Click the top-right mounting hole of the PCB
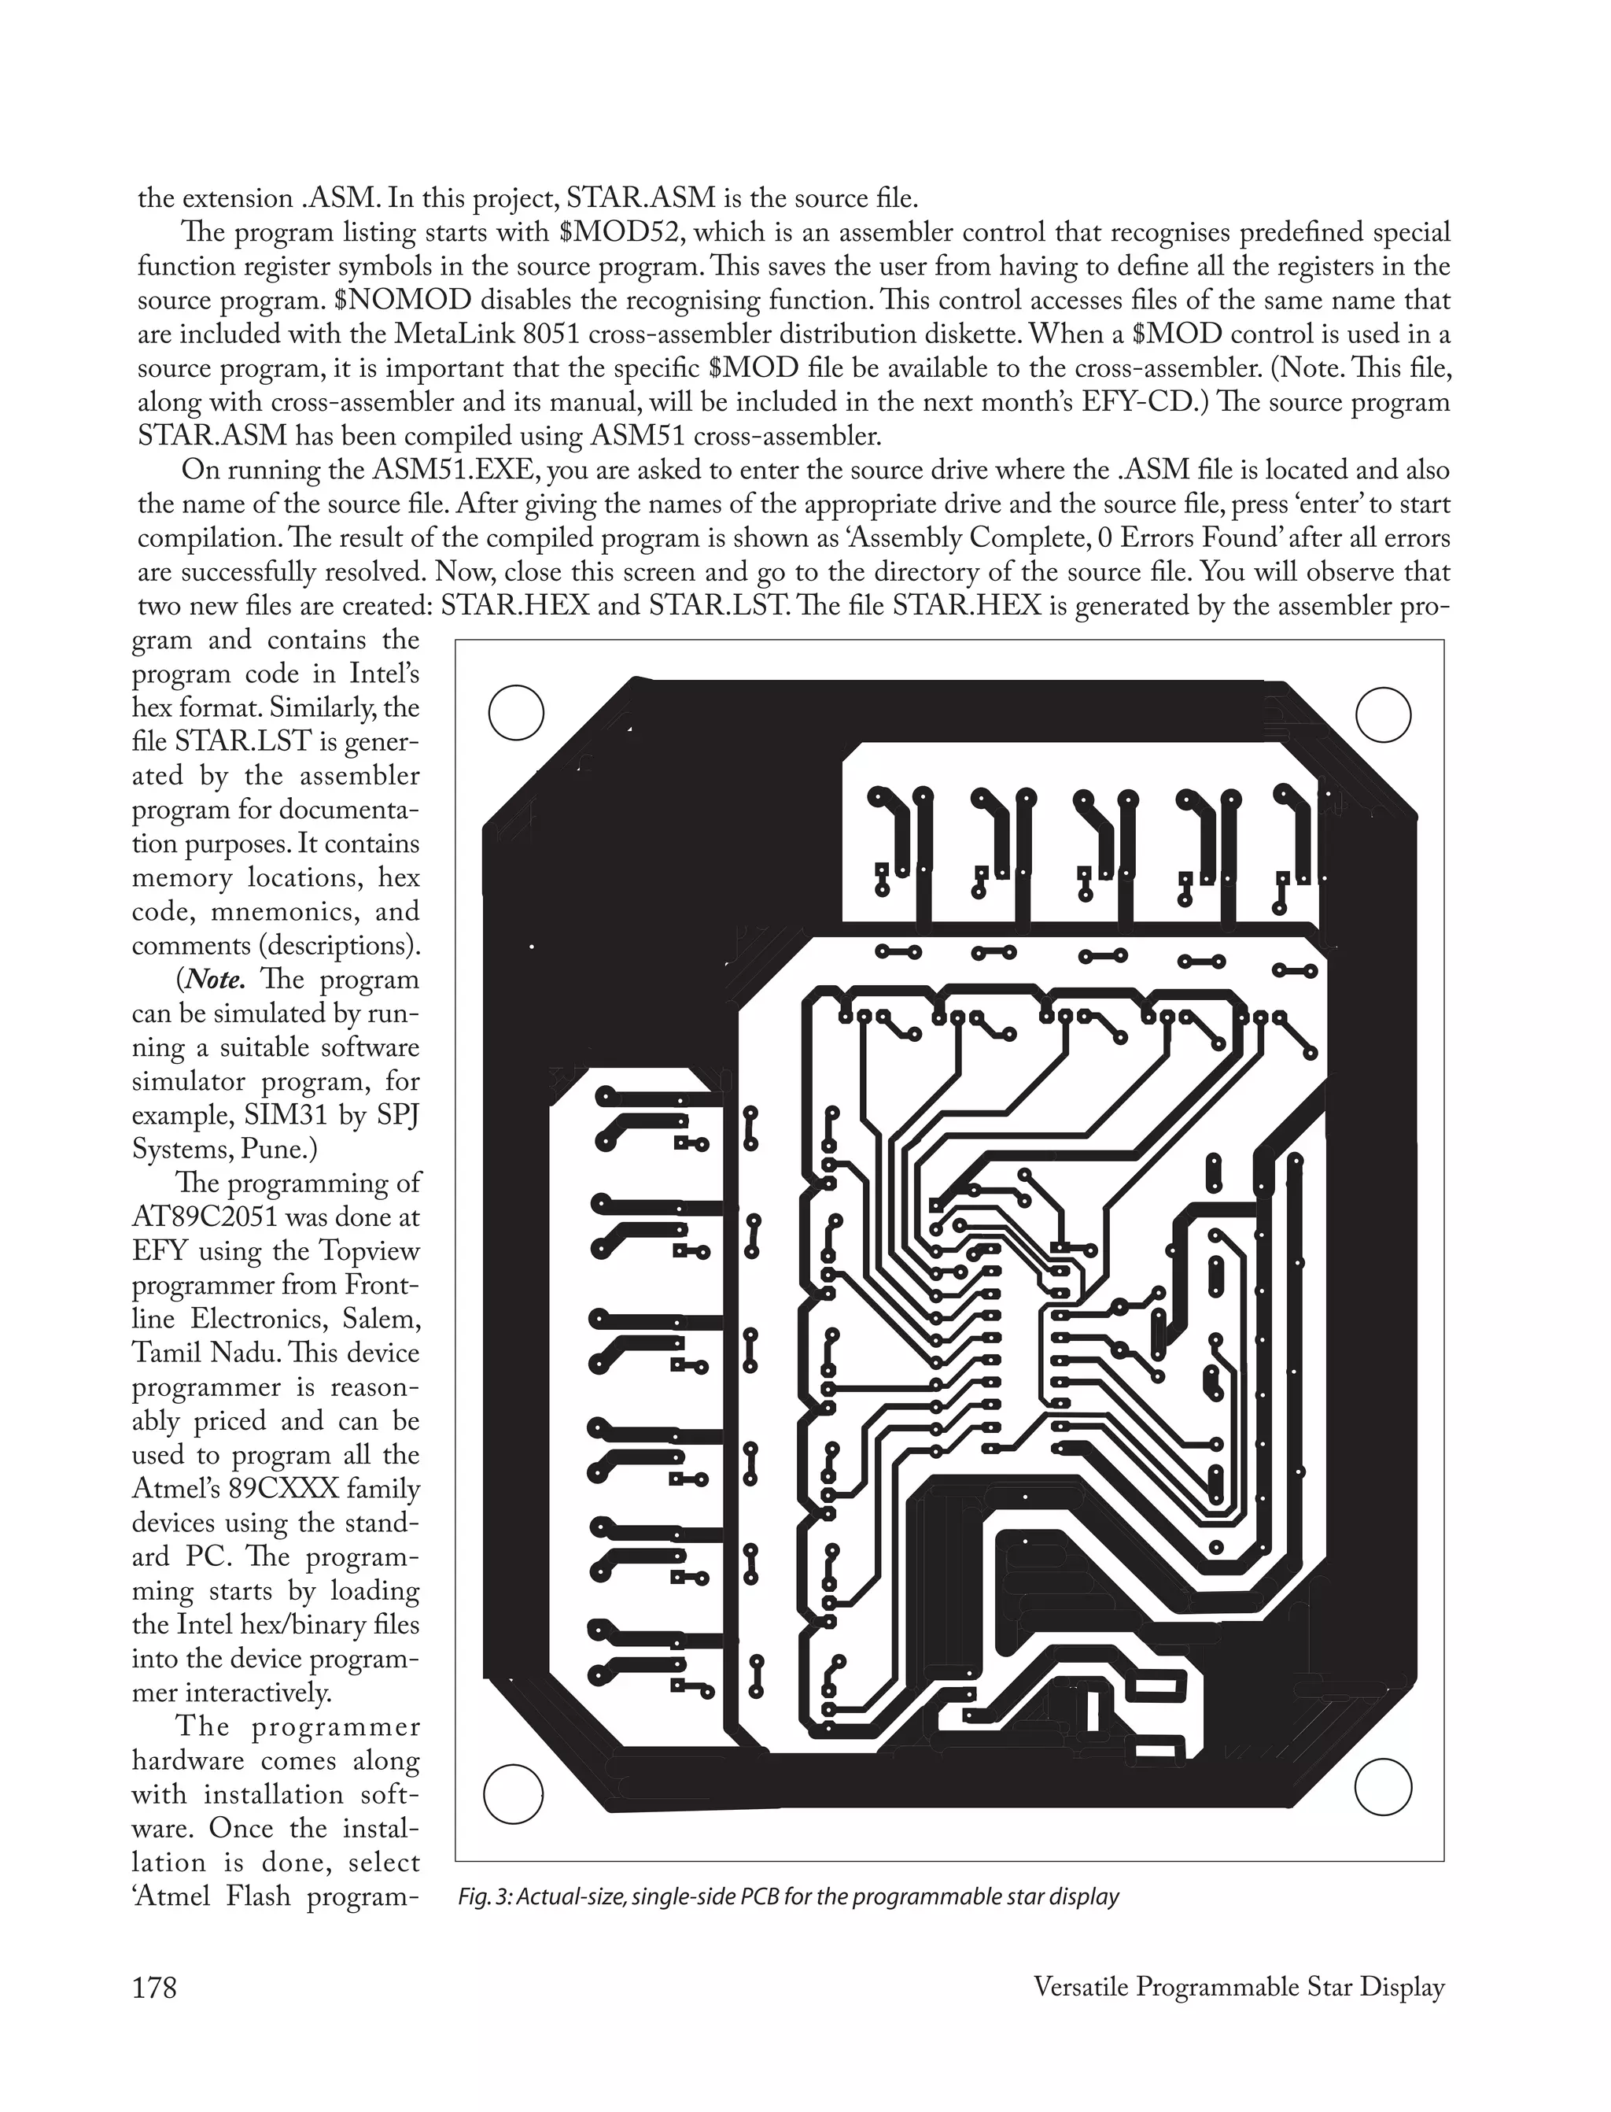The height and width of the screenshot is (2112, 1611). (x=1384, y=714)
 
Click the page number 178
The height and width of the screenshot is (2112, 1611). (x=155, y=1988)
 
